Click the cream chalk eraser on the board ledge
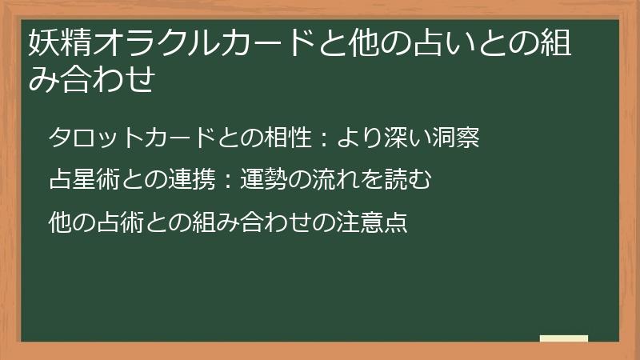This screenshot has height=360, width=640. [x=564, y=338]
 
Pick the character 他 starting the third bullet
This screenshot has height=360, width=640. [x=59, y=221]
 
